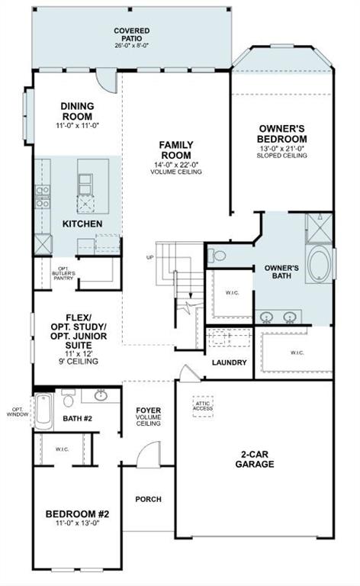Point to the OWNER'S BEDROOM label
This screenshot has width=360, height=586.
282,134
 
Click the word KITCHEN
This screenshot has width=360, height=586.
82,224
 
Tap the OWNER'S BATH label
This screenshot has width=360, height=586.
281,274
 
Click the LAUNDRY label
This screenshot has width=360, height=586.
229,362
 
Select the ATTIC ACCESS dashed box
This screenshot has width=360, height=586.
203,405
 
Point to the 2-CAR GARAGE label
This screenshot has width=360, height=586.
255,458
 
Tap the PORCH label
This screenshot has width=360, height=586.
148,499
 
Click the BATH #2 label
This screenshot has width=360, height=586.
77,418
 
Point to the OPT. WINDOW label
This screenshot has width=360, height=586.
15,411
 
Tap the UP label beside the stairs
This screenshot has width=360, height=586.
149,257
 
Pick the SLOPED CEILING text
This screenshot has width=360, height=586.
282,155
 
